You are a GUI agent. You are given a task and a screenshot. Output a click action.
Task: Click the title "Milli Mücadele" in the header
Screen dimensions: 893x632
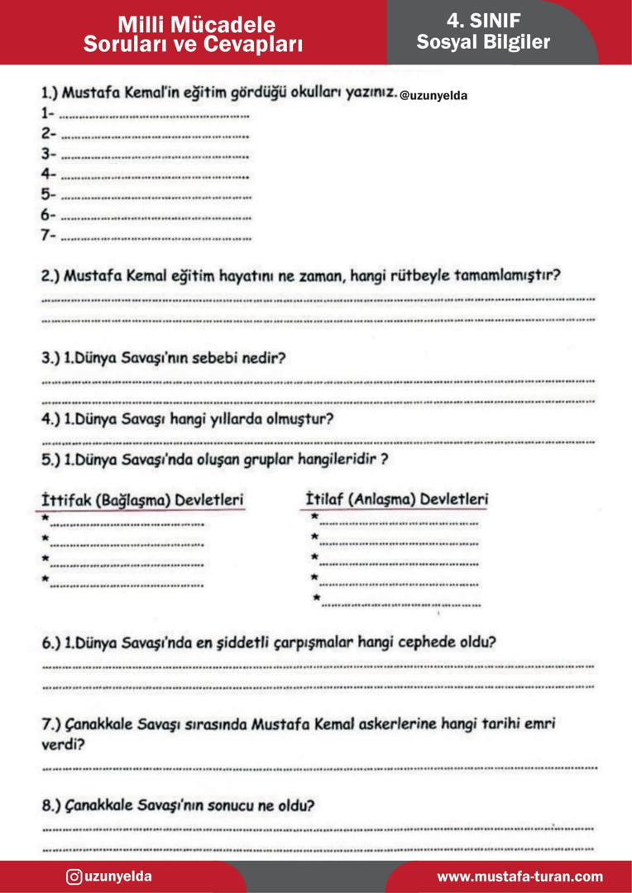(x=196, y=25)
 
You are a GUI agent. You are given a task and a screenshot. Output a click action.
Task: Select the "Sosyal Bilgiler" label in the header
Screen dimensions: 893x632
(x=483, y=42)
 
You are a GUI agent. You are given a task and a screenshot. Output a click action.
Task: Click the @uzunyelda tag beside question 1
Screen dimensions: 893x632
(x=433, y=96)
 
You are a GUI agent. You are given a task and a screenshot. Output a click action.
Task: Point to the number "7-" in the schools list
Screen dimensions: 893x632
(x=48, y=236)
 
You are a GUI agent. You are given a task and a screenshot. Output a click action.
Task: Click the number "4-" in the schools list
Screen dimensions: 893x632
(x=48, y=174)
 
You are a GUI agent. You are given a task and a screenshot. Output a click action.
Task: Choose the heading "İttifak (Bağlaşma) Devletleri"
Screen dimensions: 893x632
(x=141, y=501)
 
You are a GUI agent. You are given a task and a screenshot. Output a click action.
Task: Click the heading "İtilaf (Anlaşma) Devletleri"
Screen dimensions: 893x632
(x=396, y=499)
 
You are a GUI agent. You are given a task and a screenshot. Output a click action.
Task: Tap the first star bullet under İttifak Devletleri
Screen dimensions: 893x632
(x=45, y=518)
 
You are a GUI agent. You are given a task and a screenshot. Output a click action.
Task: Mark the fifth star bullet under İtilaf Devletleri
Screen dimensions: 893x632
(x=316, y=597)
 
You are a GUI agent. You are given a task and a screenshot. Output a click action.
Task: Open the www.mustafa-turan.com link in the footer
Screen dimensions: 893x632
(x=519, y=876)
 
